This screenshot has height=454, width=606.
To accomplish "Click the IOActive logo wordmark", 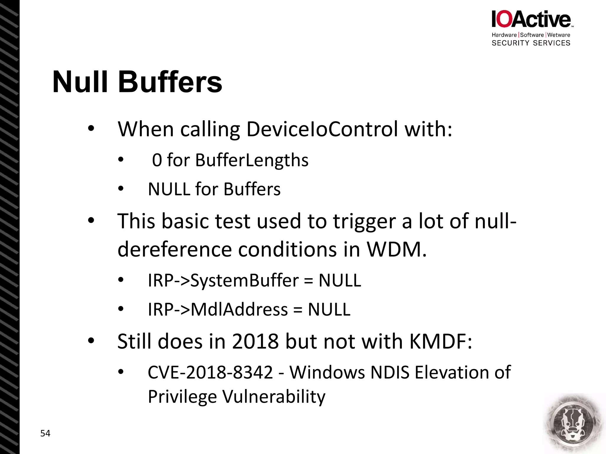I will click(x=531, y=20).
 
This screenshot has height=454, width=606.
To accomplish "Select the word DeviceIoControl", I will click(x=322, y=129).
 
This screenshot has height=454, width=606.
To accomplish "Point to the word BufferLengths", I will click(x=252, y=160).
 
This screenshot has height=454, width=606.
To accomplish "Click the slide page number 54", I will click(x=45, y=433).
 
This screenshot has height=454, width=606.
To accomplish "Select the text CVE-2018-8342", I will click(x=210, y=372).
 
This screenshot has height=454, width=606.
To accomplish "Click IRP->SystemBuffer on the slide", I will click(x=223, y=280).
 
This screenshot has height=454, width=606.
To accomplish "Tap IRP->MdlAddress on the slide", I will click(x=218, y=309).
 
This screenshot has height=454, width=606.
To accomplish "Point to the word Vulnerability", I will click(x=274, y=397).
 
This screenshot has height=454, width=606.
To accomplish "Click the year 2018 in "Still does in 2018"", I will click(x=255, y=341).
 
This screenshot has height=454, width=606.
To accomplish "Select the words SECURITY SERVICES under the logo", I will click(x=531, y=43).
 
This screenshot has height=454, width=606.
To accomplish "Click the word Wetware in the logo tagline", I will click(x=559, y=35).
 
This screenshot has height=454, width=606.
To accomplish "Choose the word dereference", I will click(x=174, y=249).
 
